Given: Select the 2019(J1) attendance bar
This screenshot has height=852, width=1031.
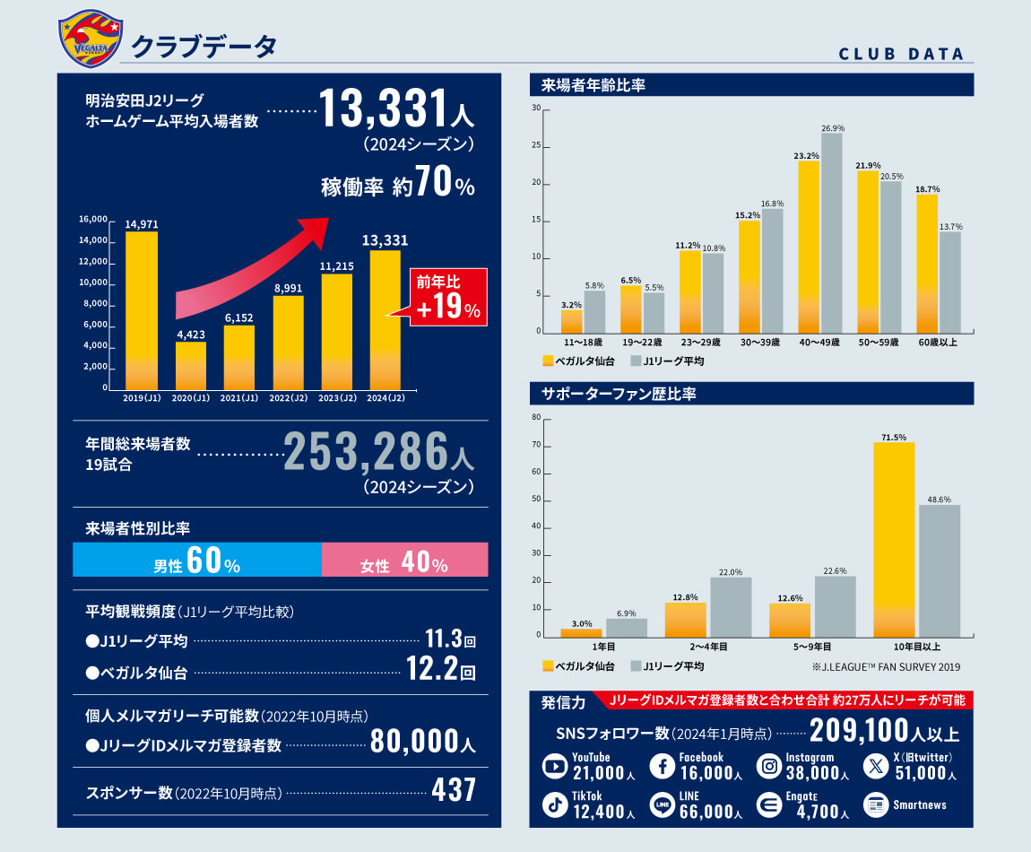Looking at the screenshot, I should point(142,309).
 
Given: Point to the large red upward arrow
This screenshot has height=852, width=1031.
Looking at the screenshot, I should point(260,269).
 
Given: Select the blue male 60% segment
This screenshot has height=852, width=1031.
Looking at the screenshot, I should point(197,560).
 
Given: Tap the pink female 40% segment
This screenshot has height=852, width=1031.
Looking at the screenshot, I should point(404,560).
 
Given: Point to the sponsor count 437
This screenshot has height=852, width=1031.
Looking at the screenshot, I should point(453,791).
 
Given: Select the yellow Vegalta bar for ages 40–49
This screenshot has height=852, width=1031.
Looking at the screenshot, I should point(809,247).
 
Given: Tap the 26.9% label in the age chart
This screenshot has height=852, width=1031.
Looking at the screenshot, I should point(832,127).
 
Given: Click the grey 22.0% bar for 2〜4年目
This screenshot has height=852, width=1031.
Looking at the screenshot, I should point(731,607).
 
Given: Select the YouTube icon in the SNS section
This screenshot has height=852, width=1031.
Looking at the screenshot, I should point(555,767).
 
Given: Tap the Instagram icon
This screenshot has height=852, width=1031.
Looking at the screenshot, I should point(769,767).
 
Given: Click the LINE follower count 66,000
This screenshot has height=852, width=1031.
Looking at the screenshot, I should point(707,812).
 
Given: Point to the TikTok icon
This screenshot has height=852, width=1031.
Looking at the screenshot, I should point(555,805).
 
